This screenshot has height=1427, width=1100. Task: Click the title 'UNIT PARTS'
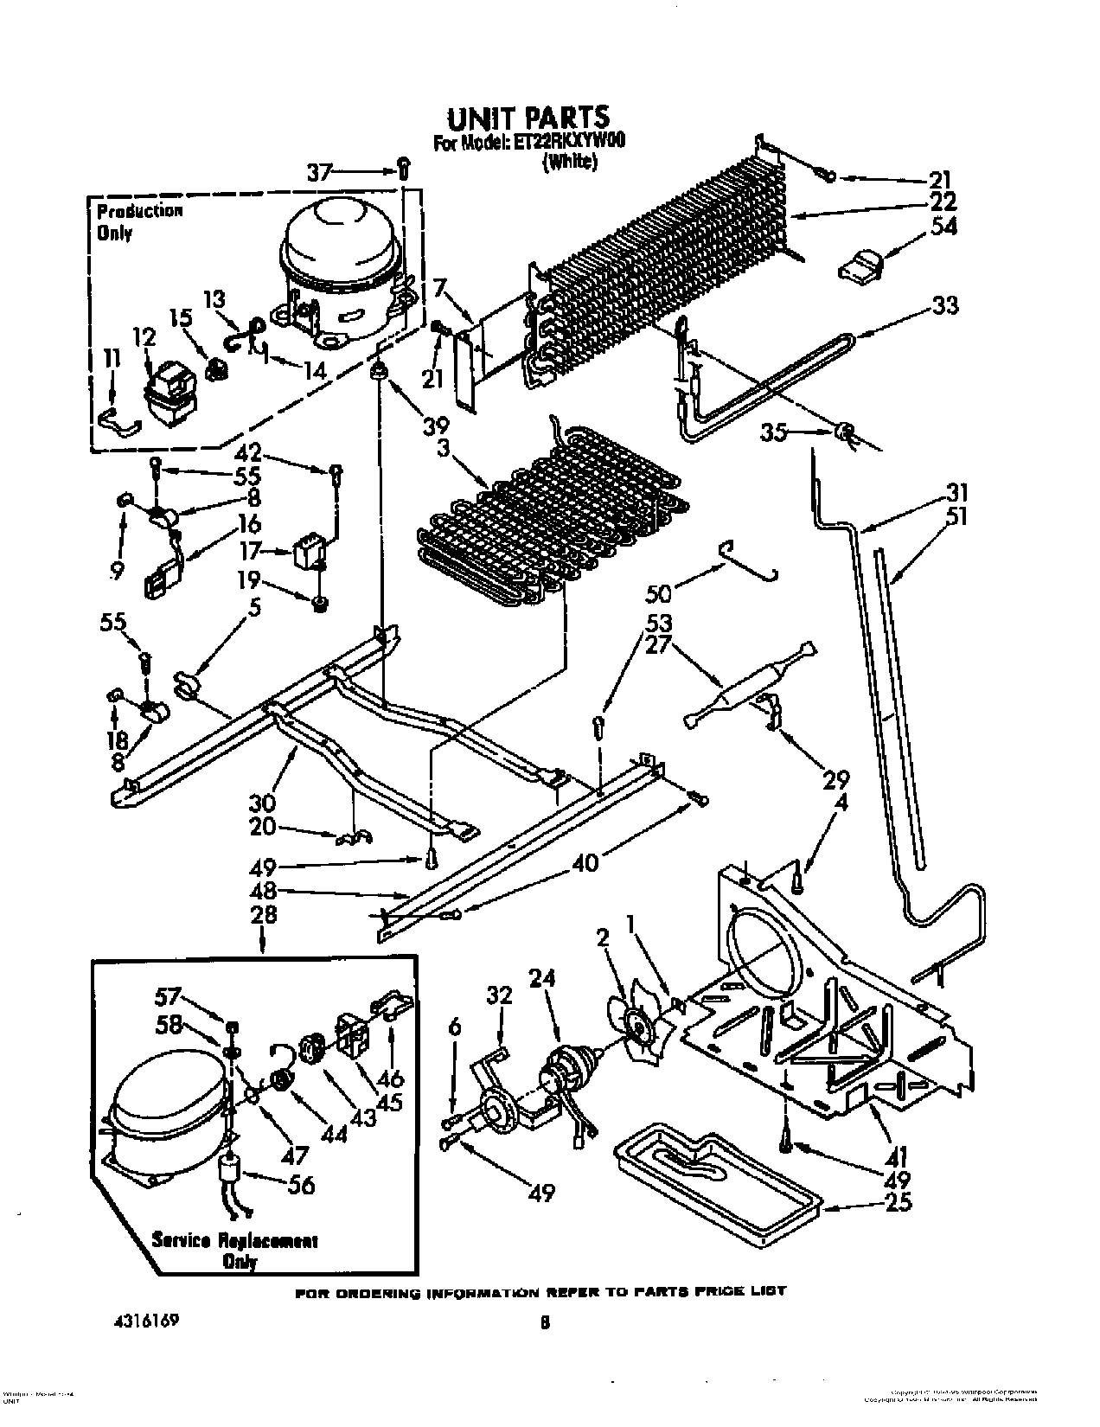click(x=528, y=117)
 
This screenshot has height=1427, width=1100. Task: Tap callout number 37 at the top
click(x=319, y=172)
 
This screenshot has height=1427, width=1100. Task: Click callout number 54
click(x=943, y=227)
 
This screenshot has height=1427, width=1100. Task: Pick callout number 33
click(x=945, y=305)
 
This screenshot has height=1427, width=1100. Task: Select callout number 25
click(x=899, y=1203)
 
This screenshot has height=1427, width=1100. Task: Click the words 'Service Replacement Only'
click(x=234, y=1251)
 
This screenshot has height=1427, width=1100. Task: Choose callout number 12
click(x=144, y=337)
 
